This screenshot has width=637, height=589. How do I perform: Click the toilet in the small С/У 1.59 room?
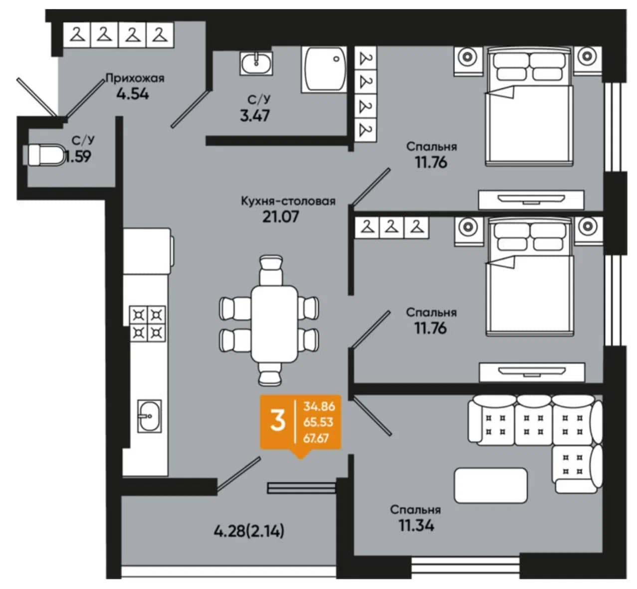click(45, 155)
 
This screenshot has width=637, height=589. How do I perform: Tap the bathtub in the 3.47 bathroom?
click(324, 69)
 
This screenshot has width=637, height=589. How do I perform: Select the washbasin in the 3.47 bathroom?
click(256, 63)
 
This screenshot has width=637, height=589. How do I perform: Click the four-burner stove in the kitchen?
click(148, 323)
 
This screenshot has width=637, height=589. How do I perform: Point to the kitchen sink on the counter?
click(150, 416)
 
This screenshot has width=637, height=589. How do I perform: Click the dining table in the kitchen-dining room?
click(274, 324)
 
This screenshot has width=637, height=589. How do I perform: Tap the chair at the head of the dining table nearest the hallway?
click(271, 270)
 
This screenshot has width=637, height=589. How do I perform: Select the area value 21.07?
click(281, 217)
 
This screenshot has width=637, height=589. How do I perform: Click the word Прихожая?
click(135, 78)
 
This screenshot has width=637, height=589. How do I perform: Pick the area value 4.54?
click(133, 94)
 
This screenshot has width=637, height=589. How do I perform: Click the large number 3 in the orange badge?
click(278, 421)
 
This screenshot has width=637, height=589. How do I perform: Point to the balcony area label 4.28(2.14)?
click(249, 531)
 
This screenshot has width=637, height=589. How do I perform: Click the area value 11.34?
click(417, 526)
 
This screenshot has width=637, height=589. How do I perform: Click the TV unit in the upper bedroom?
click(531, 200)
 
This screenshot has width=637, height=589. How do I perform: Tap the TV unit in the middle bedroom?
click(532, 372)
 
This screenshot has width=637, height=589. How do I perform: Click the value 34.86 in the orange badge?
click(319, 406)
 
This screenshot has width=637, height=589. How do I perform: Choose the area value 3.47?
click(255, 116)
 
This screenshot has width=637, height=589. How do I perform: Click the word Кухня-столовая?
click(288, 201)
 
